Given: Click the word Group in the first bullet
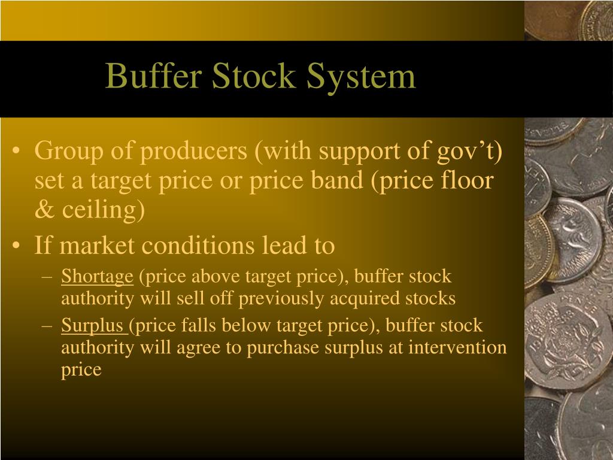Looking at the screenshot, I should pyautogui.click(x=65, y=151).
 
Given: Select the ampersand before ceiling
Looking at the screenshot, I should pyautogui.click(x=41, y=211).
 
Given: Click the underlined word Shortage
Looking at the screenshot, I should pyautogui.click(x=97, y=277).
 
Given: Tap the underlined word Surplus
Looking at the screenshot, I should pyautogui.click(x=93, y=326).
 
